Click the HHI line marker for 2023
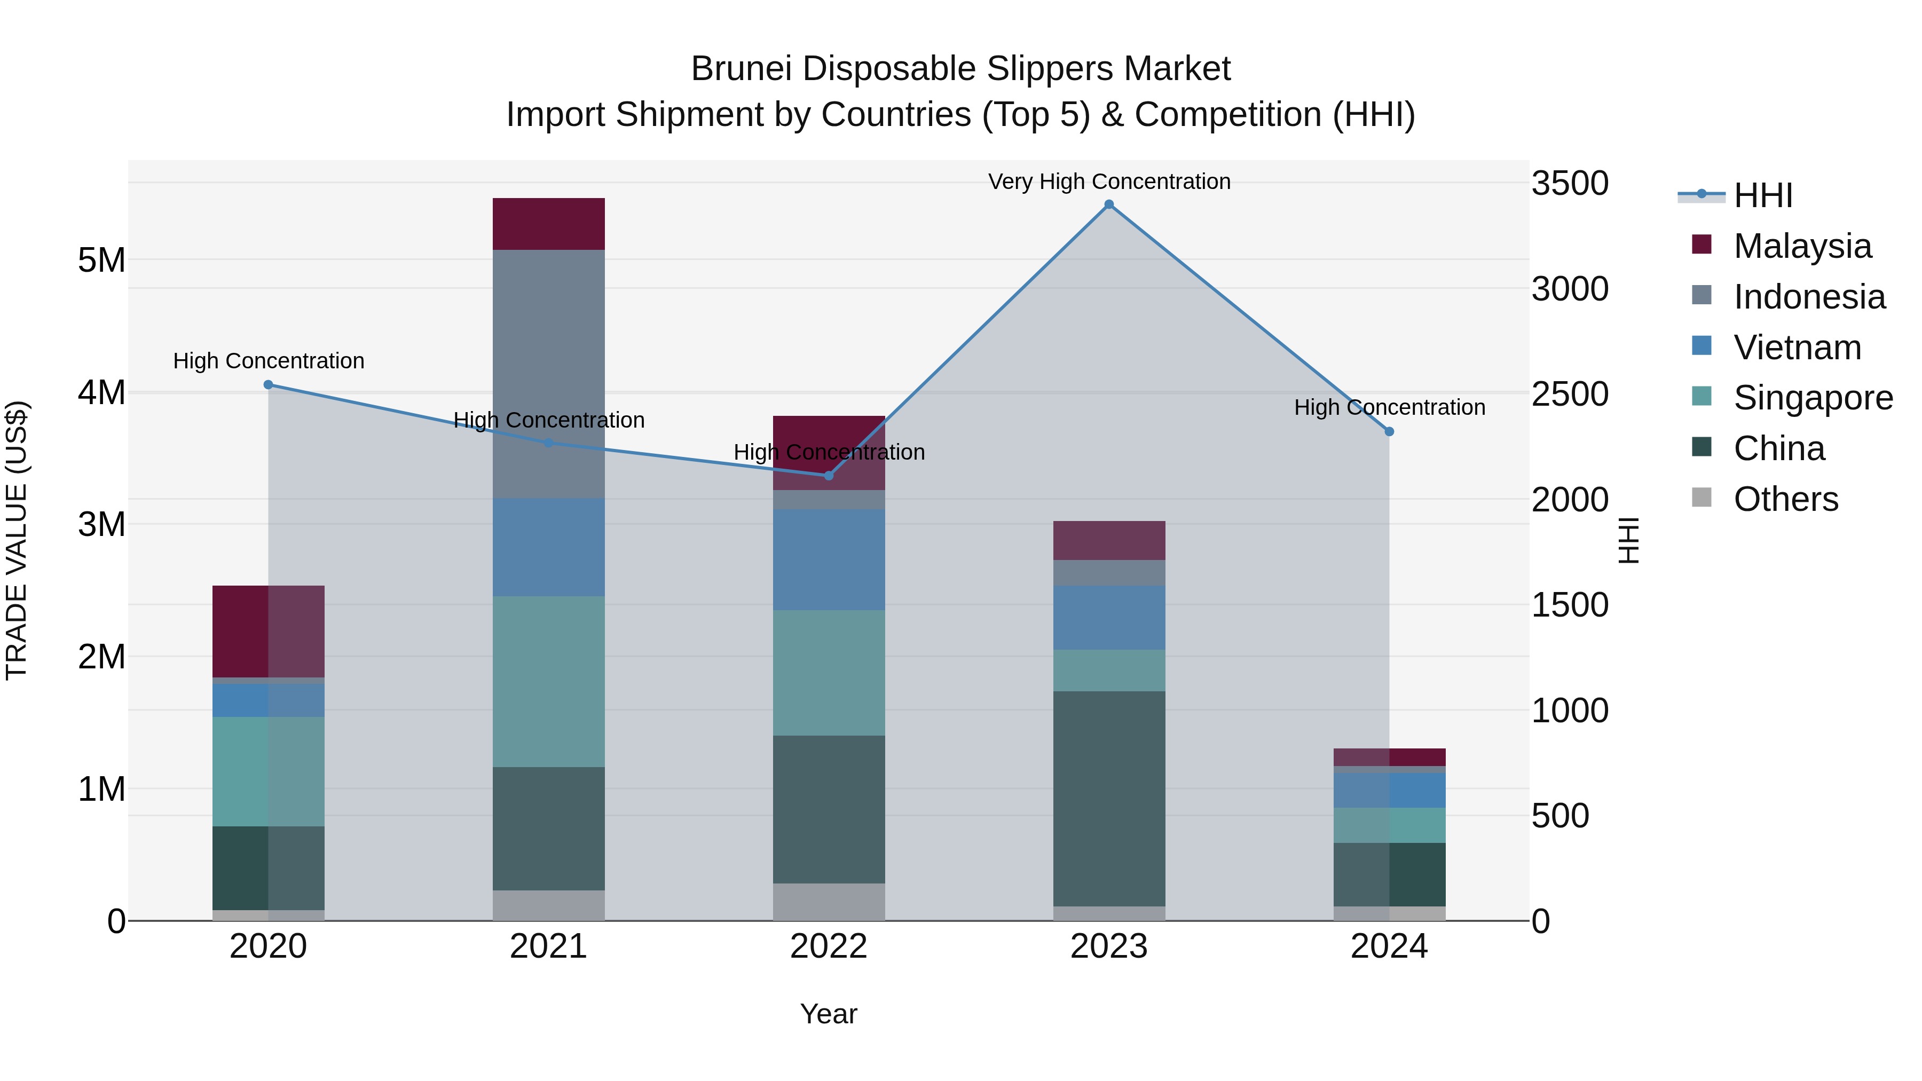tap(1109, 204)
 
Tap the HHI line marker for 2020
tap(269, 385)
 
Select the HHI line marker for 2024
tap(1389, 432)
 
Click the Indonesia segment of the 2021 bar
tap(548, 373)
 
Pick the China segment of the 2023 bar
tap(1109, 798)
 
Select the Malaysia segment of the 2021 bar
tap(548, 224)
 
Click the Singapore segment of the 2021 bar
tap(548, 681)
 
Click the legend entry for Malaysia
tap(1802, 246)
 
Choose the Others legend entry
tap(1785, 499)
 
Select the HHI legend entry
tap(1762, 195)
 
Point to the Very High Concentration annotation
tap(1109, 182)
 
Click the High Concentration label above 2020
tap(269, 361)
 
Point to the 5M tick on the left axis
tap(101, 261)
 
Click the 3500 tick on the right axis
tap(1570, 184)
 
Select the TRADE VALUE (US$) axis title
tap(17, 540)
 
